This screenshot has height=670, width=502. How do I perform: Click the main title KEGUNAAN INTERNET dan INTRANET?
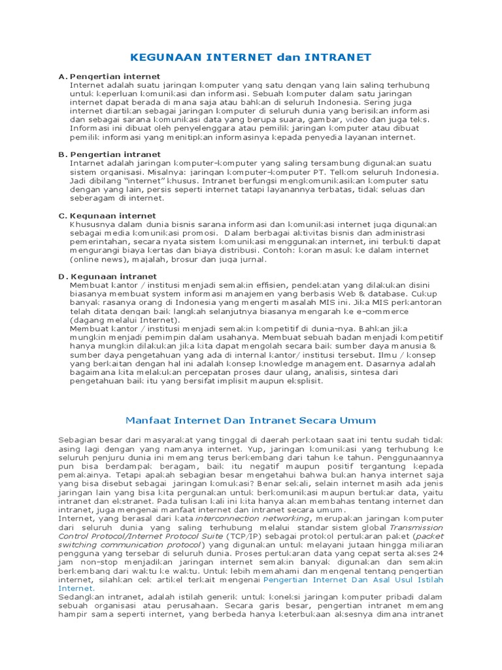pos(250,58)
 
